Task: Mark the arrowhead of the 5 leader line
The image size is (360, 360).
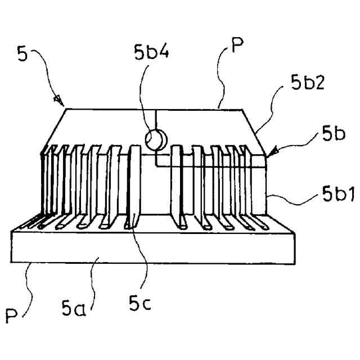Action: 58,101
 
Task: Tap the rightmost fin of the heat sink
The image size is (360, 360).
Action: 247,180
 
